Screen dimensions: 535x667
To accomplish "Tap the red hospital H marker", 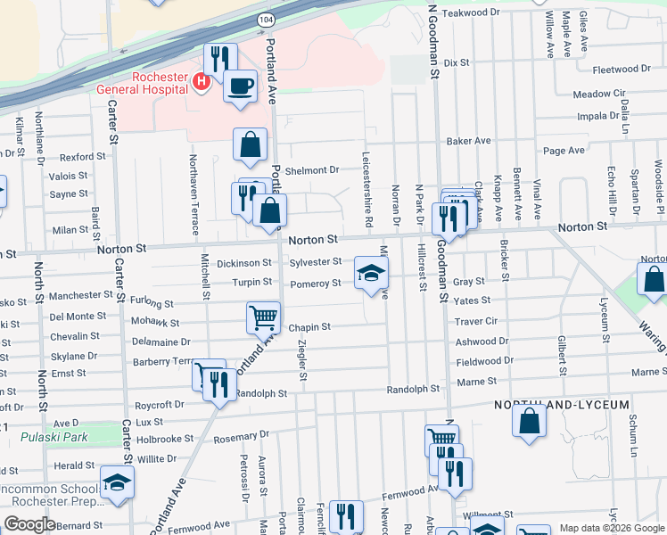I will point(201,83).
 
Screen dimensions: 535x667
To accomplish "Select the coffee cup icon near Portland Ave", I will point(239,86).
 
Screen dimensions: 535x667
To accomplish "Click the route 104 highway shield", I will point(268,18).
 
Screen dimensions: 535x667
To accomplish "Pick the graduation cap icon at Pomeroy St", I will point(372,272).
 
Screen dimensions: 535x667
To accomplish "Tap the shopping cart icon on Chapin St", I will point(264,317).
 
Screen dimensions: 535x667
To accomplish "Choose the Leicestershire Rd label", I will point(366,185).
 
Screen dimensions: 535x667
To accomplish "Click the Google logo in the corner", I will point(29,524).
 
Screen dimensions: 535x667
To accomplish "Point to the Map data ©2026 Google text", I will point(612,528).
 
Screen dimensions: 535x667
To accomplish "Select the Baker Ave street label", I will point(469,141).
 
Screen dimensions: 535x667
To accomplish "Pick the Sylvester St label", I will point(315,262).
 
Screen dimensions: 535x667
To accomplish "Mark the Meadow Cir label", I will point(599,94).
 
